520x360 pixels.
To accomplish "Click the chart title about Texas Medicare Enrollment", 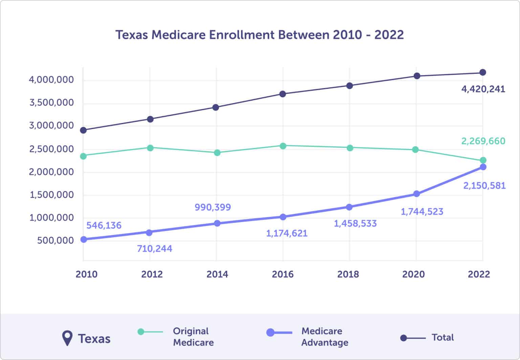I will [259, 35].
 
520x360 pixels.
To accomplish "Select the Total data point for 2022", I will [483, 72].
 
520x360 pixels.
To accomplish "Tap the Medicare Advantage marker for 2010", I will [83, 239].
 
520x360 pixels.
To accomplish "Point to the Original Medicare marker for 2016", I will [283, 146].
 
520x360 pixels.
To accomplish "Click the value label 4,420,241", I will [483, 89].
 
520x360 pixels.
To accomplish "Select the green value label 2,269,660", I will [483, 141].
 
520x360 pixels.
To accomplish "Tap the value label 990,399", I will [213, 207].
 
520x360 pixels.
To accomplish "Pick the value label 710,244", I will [154, 249].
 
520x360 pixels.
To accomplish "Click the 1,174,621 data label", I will [287, 233].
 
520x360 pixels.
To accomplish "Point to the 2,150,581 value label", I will [484, 186].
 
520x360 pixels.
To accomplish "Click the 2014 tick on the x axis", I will [217, 274].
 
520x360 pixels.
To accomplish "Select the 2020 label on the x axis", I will [413, 274].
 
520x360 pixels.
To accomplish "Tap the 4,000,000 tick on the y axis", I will [51, 80].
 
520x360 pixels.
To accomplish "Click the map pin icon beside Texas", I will [67, 338].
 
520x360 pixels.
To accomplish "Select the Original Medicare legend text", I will [193, 337].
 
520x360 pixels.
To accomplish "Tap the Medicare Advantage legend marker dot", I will [270, 332].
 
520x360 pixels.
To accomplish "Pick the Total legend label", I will [442, 338].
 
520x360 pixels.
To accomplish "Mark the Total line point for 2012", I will [150, 119].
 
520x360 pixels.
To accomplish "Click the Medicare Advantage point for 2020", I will [416, 194].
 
